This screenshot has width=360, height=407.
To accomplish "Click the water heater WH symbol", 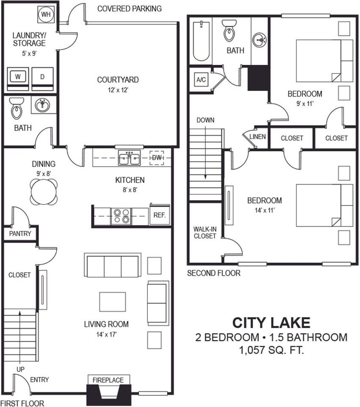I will pyautogui.click(x=45, y=14).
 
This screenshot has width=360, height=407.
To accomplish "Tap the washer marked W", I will pyautogui.click(x=17, y=77).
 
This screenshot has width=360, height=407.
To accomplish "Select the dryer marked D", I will pyautogui.click(x=42, y=77).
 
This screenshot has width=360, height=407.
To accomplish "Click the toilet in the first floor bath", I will pyautogui.click(x=17, y=108).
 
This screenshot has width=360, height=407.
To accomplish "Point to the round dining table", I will pyautogui.click(x=44, y=192).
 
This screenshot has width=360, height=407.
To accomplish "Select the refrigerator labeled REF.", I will pyautogui.click(x=159, y=215).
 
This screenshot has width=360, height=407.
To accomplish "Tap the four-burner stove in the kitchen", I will pyautogui.click(x=121, y=216).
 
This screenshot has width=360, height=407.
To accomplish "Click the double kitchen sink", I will pyautogui.click(x=130, y=158).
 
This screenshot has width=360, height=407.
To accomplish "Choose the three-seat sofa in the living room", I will pyautogui.click(x=113, y=265).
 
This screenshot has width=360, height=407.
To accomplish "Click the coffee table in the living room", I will pyautogui.click(x=113, y=301).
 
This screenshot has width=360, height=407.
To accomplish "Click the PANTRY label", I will pyautogui.click(x=20, y=233).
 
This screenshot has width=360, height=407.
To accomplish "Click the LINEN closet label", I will pyautogui.click(x=258, y=137).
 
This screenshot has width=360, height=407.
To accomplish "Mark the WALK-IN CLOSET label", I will pyautogui.click(x=205, y=233).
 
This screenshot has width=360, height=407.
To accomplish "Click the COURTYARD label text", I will pyautogui.click(x=118, y=80).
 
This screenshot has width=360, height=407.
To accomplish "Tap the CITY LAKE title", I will pyautogui.click(x=271, y=323).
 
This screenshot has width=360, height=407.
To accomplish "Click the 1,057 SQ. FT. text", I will pyautogui.click(x=271, y=350).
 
